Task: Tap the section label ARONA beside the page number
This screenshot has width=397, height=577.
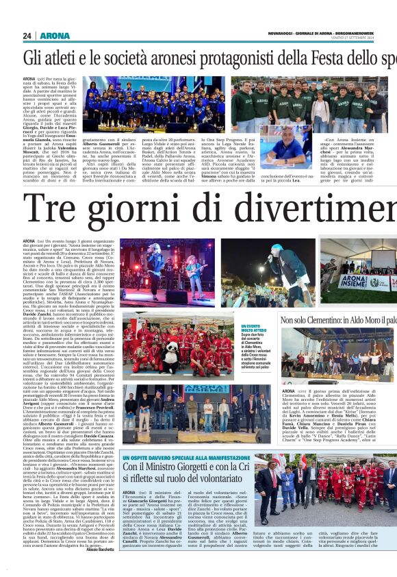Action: click(55, 36)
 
